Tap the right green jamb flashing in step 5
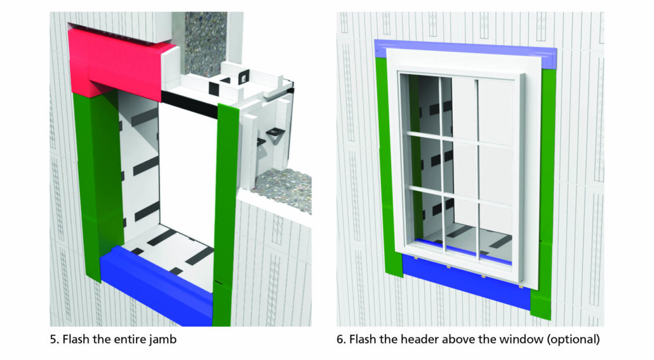tap(227, 210)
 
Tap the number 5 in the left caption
tap(53, 340)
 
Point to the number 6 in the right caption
tap(340, 340)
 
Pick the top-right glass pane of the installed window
tap(495, 105)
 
